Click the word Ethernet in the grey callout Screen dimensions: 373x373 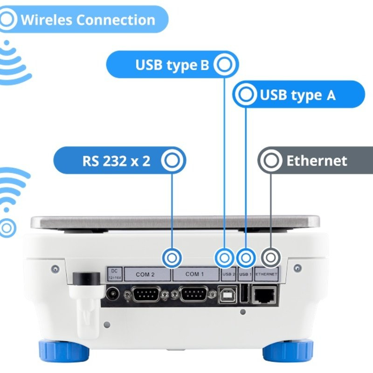tap(317, 161)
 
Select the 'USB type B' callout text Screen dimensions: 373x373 tap(172, 65)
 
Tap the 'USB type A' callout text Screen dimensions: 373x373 tap(297, 95)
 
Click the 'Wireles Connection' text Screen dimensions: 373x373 tap(88, 20)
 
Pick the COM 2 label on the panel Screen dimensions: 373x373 tap(145, 274)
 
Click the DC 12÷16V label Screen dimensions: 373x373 tap(114, 274)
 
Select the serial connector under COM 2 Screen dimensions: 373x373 tap(146, 294)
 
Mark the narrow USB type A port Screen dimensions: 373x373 tap(244, 294)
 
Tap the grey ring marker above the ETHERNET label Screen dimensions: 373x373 tap(270, 257)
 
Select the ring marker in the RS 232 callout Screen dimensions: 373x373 tap(173, 161)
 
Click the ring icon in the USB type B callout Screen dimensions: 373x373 tap(225, 65)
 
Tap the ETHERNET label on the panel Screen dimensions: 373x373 tap(267, 274)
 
